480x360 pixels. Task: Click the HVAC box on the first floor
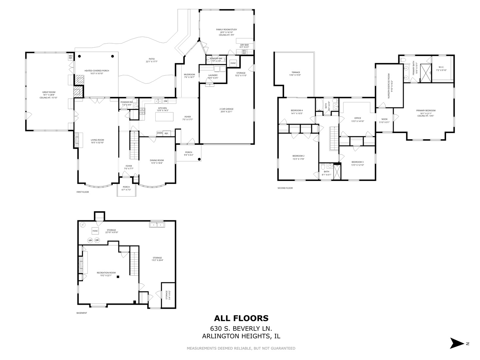pyautogui.click(x=233, y=63)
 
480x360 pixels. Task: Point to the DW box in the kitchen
pyautogui.click(x=165, y=101)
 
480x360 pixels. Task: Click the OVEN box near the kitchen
pyautogui.click(x=160, y=133)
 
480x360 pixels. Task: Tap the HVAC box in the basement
pyautogui.click(x=95, y=231)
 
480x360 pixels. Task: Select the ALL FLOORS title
pyautogui.click(x=241, y=318)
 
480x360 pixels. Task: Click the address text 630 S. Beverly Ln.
pyautogui.click(x=241, y=328)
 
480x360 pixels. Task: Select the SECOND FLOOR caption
pyautogui.click(x=285, y=188)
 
